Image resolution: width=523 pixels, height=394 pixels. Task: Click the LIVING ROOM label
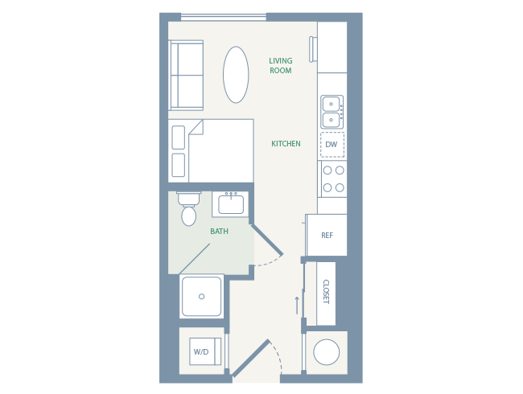click(281, 66)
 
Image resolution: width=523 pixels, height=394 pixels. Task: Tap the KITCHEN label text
click(286, 144)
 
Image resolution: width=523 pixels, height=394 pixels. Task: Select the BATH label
click(219, 232)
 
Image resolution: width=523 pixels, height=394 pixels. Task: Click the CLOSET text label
click(325, 291)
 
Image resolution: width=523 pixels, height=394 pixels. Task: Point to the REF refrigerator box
click(327, 236)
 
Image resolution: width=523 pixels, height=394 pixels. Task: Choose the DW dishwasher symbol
click(332, 145)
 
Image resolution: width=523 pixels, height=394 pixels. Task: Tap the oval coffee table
click(236, 75)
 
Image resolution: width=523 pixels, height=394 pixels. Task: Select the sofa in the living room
click(187, 75)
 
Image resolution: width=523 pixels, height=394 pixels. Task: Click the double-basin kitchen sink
click(332, 112)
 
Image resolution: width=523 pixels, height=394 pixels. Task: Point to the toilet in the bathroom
click(189, 211)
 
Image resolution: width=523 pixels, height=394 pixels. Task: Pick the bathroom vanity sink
click(231, 204)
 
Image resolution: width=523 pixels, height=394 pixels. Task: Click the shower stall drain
click(201, 297)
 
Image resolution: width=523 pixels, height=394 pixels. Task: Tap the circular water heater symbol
click(327, 352)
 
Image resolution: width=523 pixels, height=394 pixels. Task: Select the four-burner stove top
click(333, 179)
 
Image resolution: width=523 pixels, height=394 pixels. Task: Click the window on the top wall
click(223, 17)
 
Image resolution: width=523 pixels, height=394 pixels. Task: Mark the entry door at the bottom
click(251, 359)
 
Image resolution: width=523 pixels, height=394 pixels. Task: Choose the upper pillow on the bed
click(178, 137)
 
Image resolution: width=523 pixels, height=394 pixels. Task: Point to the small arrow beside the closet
click(296, 305)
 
